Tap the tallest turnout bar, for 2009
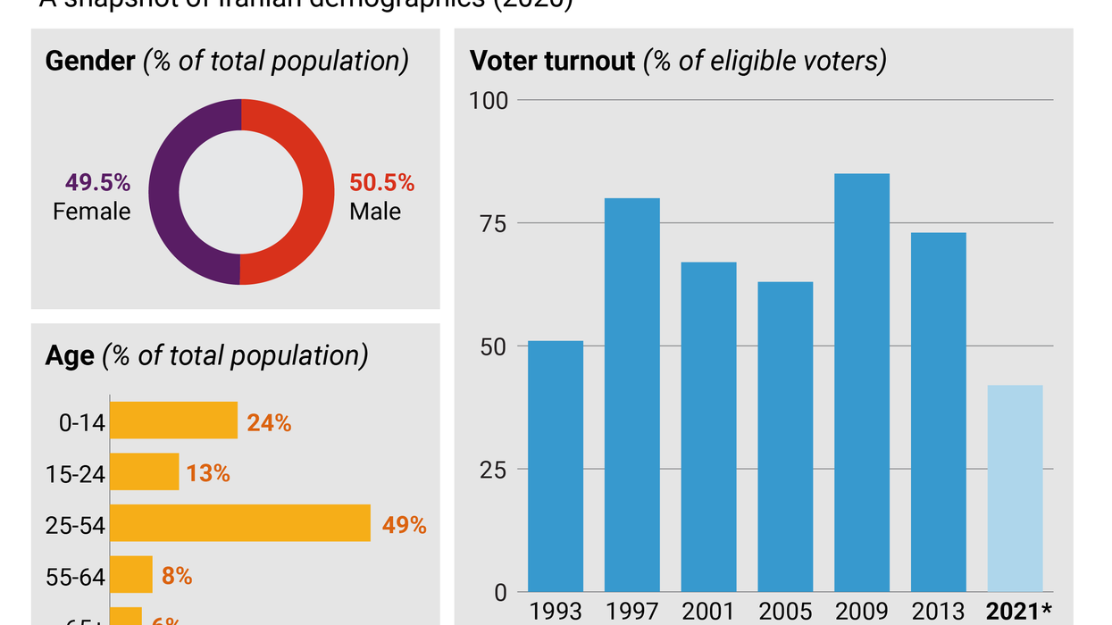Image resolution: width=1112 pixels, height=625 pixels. pyautogui.click(x=862, y=383)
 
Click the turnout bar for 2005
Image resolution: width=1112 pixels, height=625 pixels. pyautogui.click(x=785, y=437)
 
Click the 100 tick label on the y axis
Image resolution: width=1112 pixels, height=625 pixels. pyautogui.click(x=489, y=100)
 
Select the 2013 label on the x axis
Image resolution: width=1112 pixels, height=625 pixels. pyautogui.click(x=938, y=611)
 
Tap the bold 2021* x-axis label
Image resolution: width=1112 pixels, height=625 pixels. pyautogui.click(x=1018, y=611)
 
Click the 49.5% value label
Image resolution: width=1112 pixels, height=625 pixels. pyautogui.click(x=97, y=183)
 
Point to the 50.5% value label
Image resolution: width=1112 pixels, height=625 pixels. pyautogui.click(x=381, y=183)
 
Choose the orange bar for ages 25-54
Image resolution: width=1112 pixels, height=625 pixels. pyautogui.click(x=239, y=523)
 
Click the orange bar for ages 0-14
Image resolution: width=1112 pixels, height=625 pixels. pyautogui.click(x=173, y=421)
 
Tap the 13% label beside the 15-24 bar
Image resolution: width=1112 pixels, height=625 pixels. pyautogui.click(x=208, y=473)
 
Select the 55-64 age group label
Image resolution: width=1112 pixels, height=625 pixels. pyautogui.click(x=75, y=578)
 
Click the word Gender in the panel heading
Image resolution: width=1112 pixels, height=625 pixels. pyautogui.click(x=89, y=61)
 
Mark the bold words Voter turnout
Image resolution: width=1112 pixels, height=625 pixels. pyautogui.click(x=552, y=61)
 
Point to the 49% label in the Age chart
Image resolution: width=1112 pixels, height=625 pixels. pyautogui.click(x=404, y=525)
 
